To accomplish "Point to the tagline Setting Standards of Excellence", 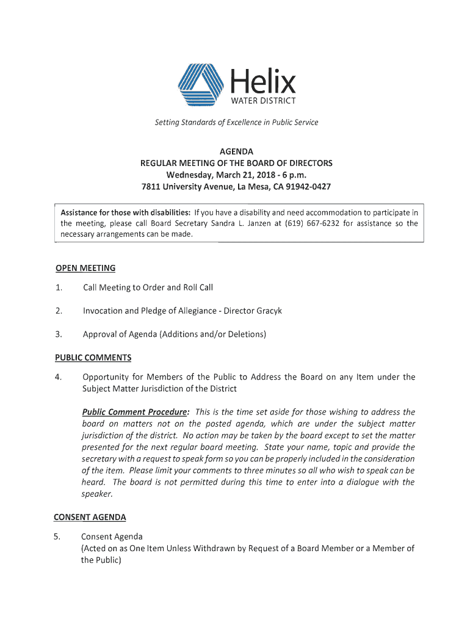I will tap(236, 123).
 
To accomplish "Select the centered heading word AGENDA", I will tap(236, 151).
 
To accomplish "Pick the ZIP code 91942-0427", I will tap(305, 186).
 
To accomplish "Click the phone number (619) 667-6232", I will tap(313, 223).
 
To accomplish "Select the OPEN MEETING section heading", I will tap(85, 269).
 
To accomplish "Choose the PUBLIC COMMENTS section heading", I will tap(93, 358).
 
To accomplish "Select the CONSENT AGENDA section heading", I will tap(90, 518).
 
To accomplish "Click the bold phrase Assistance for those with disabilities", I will tap(125, 212).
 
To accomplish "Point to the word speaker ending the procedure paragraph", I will tap(97, 494).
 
